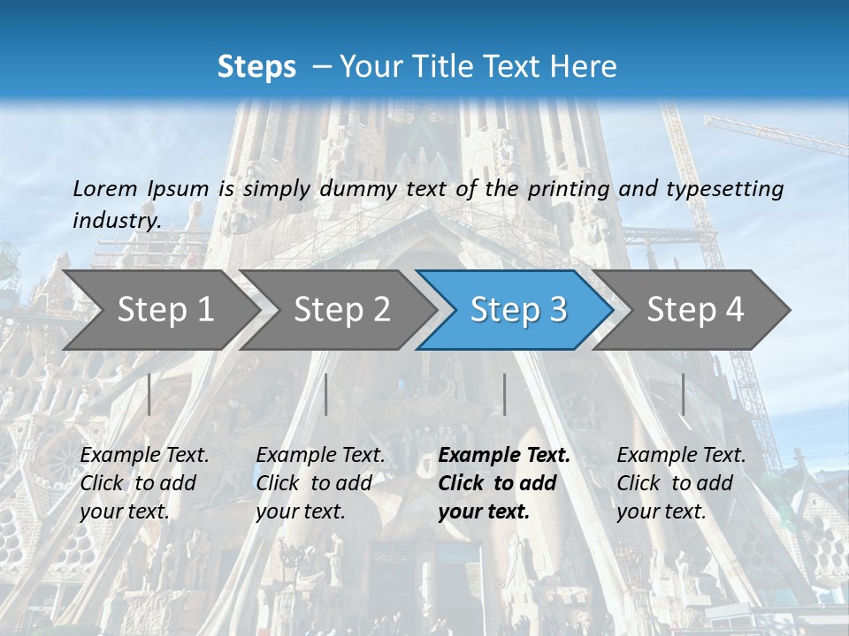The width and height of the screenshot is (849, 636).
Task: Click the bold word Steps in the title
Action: [256, 67]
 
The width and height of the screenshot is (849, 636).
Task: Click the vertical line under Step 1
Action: [149, 394]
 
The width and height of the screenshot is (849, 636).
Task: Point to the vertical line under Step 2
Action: [326, 394]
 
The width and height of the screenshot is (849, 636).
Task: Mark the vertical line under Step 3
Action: [504, 394]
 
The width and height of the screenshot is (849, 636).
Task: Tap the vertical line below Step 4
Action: [683, 394]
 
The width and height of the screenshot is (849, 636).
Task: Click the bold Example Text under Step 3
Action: [504, 456]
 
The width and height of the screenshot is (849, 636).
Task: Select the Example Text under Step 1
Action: [144, 456]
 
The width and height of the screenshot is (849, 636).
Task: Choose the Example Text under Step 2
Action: [320, 456]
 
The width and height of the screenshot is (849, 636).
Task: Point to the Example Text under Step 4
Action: [681, 456]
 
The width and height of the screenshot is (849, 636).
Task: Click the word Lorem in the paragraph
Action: [104, 188]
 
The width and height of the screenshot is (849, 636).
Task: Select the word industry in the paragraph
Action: [117, 221]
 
